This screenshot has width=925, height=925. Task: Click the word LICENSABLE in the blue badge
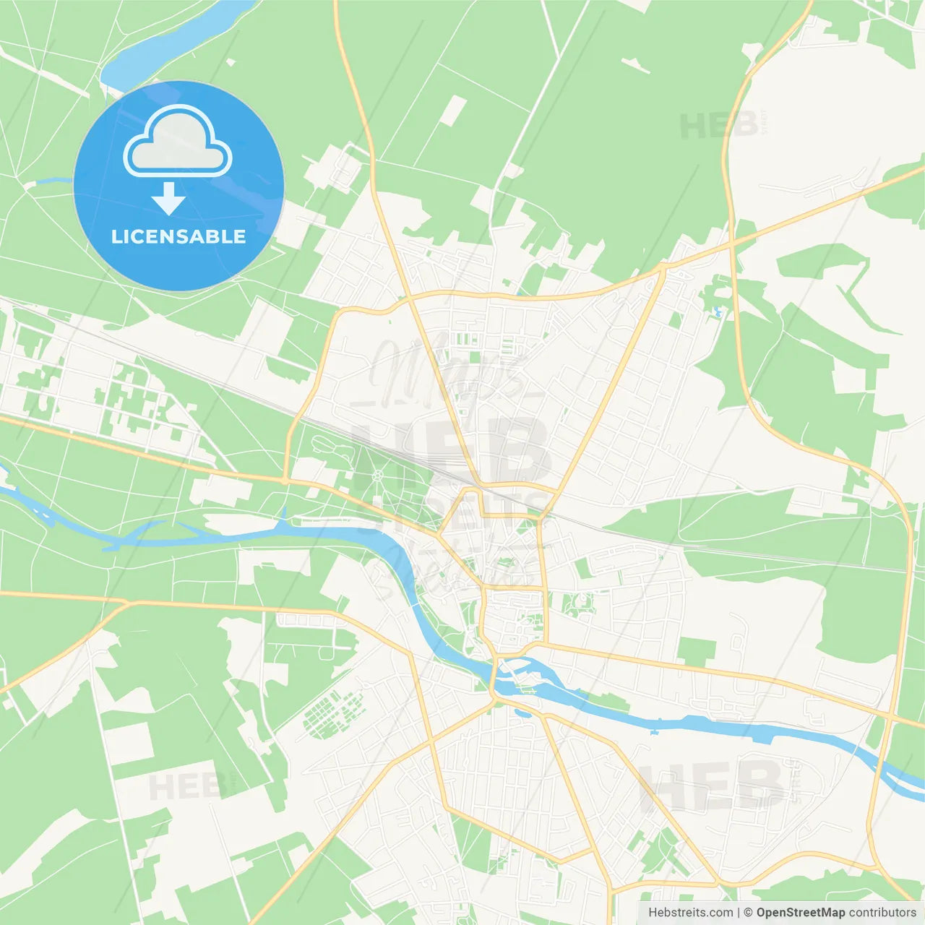click(x=178, y=236)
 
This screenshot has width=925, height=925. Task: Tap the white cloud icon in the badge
click(x=178, y=142)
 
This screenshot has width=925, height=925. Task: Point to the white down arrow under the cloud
click(x=168, y=198)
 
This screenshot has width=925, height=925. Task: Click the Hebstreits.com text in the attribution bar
click(x=690, y=913)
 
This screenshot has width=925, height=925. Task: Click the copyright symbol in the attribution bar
click(x=748, y=913)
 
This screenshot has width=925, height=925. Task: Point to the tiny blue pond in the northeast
click(x=717, y=312)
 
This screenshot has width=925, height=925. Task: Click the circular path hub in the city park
click(x=377, y=475)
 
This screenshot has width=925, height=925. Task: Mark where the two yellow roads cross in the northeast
click(x=732, y=244)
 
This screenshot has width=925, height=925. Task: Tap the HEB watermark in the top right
click(x=719, y=126)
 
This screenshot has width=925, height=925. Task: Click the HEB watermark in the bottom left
click(x=184, y=786)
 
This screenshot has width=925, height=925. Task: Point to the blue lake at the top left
click(x=173, y=43)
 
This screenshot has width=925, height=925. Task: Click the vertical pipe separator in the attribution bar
click(x=738, y=913)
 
